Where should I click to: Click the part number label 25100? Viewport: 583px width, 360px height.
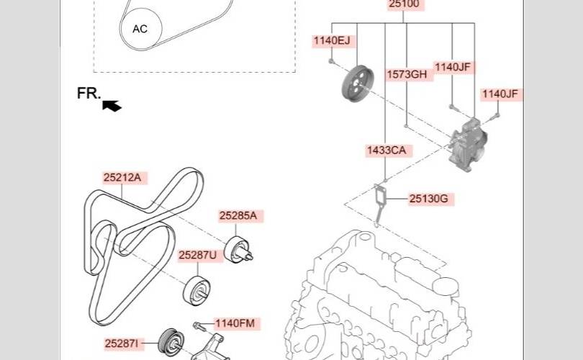(404, 4)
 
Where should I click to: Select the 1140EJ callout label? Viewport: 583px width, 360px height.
(332, 40)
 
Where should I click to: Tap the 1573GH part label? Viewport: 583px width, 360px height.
(407, 74)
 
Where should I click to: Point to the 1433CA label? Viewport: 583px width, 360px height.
(387, 150)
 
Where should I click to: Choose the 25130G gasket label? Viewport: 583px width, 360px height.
(429, 199)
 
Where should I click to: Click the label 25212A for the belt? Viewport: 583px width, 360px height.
(122, 178)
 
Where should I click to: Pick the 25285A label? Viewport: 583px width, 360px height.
(238, 216)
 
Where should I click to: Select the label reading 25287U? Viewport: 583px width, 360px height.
(197, 255)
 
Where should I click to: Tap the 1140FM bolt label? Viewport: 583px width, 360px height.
(235, 323)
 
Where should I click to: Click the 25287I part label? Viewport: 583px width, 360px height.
(121, 343)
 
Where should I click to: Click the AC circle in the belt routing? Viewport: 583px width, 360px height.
(140, 29)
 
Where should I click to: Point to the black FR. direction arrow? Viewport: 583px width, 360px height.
(112, 106)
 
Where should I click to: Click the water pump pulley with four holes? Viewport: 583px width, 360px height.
(357, 83)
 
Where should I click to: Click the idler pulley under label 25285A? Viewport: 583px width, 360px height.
(238, 249)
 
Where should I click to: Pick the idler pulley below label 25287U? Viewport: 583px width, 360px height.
(196, 291)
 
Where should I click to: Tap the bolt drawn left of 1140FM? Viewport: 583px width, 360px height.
(199, 327)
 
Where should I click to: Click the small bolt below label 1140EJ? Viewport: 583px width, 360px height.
(332, 61)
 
